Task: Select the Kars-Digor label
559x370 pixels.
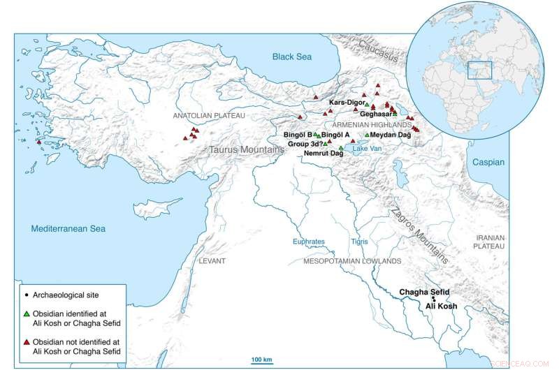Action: coord(347,103)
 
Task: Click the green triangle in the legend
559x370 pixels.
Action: coord(26,309)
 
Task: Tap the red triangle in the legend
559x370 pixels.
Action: coord(26,337)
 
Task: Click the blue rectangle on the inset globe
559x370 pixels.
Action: coord(481,70)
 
